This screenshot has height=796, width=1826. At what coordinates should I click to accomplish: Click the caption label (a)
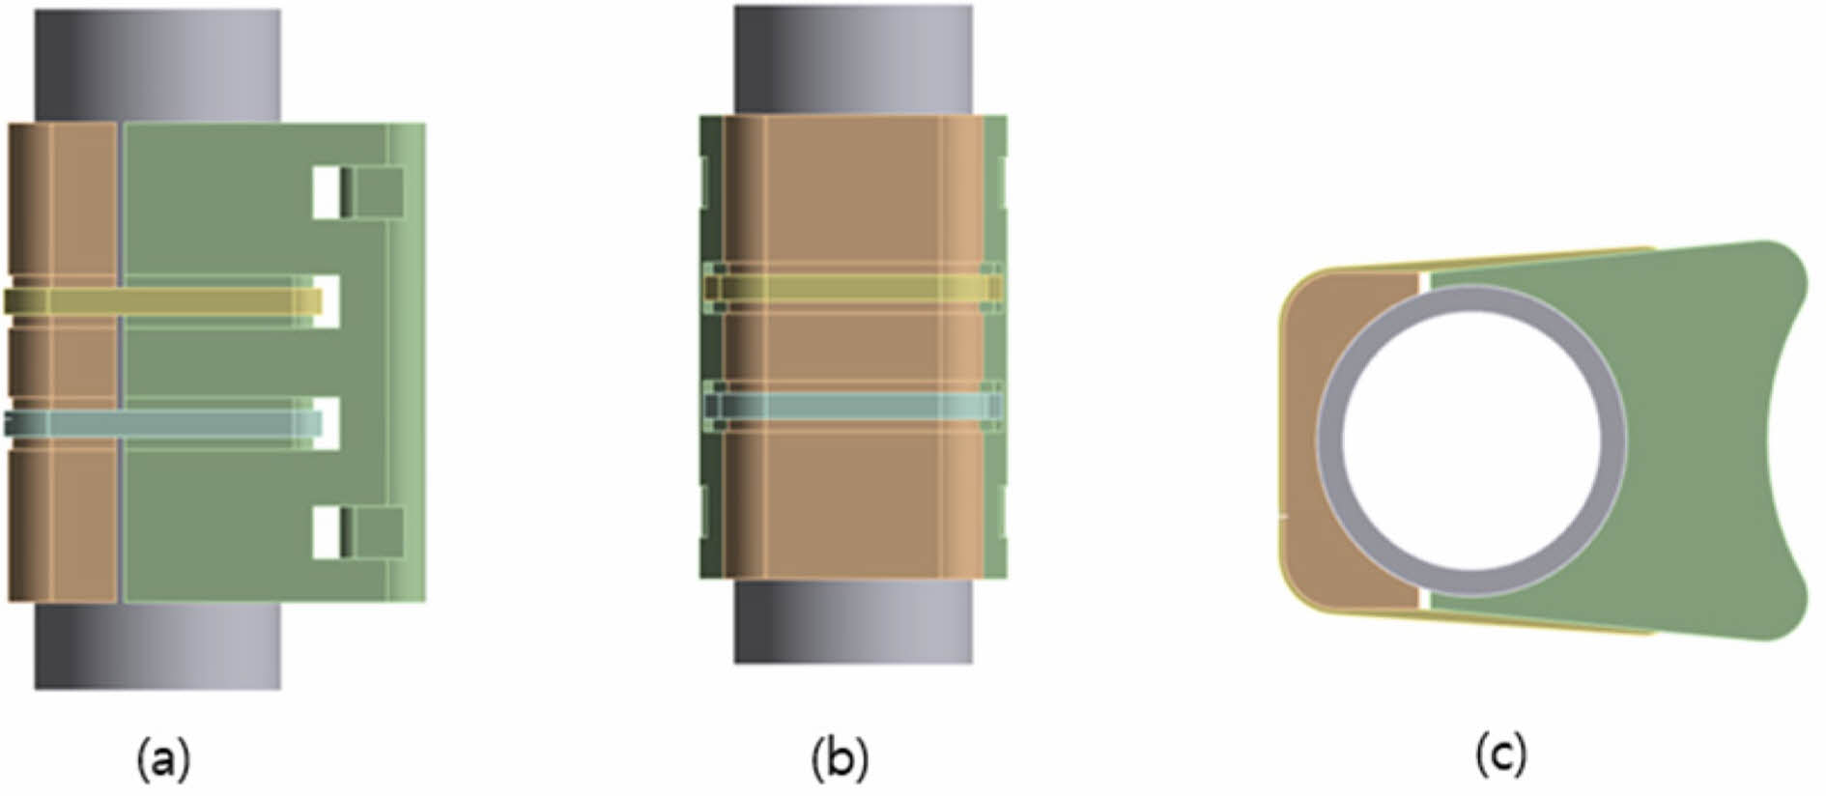[x=164, y=758]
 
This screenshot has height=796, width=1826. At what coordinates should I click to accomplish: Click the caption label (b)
[x=840, y=758]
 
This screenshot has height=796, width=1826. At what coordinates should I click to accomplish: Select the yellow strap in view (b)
[x=850, y=288]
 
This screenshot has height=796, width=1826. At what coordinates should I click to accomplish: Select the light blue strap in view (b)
[x=850, y=405]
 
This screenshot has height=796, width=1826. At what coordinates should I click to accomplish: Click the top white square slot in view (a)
[x=327, y=192]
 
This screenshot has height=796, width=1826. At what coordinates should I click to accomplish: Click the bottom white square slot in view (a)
[x=327, y=533]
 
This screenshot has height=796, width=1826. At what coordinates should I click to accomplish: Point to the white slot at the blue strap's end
[x=328, y=423]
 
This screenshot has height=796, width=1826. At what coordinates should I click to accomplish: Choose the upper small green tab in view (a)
[x=377, y=192]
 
